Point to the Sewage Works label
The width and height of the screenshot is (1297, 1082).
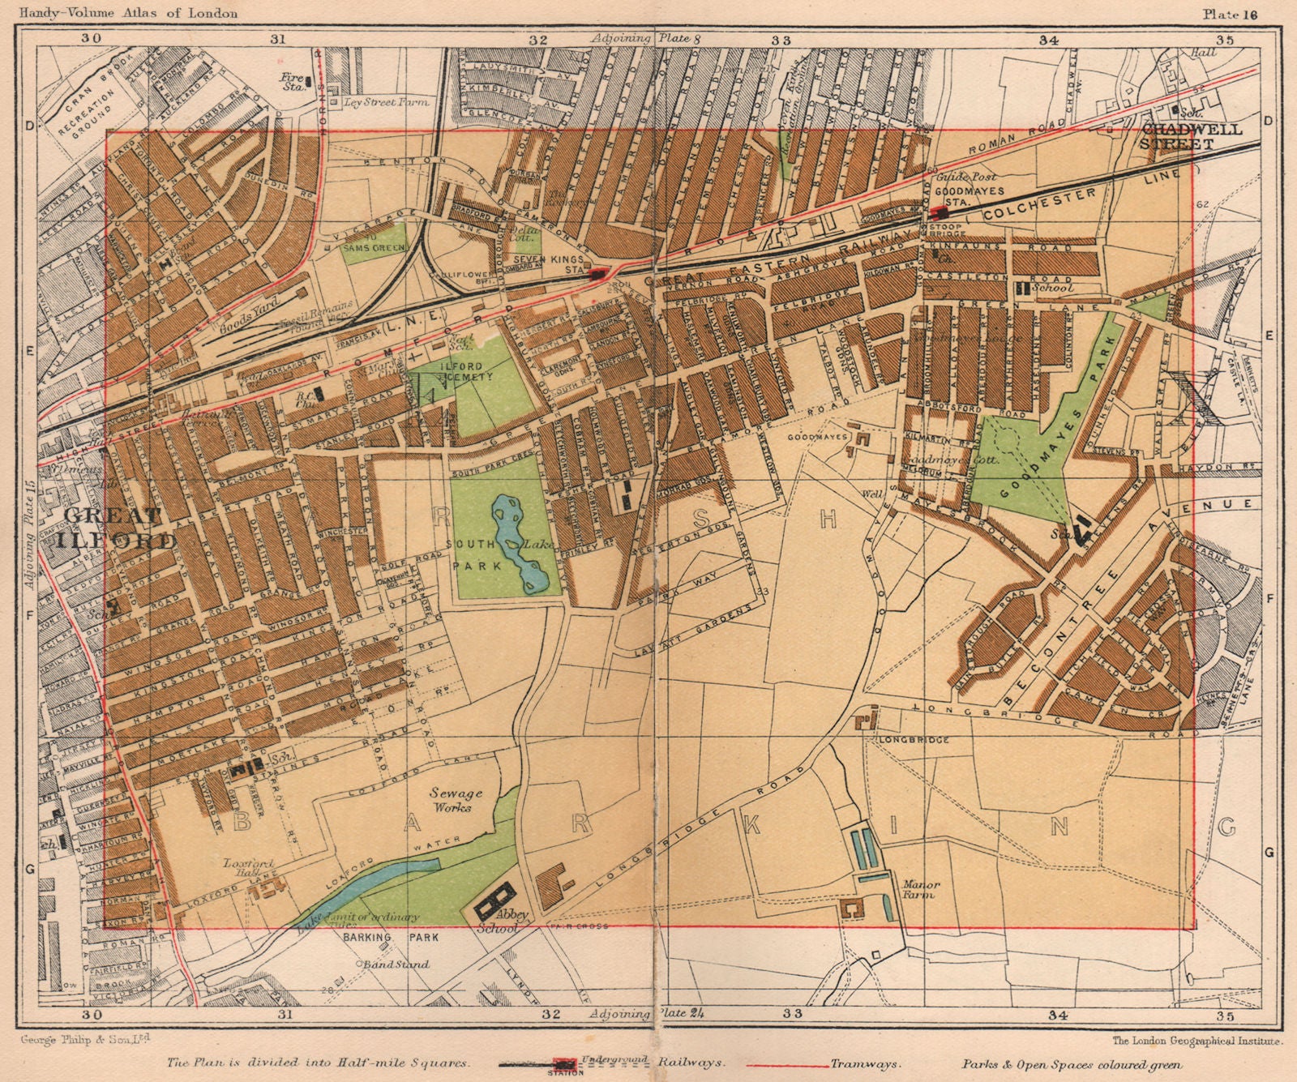tap(451, 801)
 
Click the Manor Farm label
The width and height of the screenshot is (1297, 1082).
tap(916, 889)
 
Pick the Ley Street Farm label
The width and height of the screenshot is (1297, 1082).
tap(385, 102)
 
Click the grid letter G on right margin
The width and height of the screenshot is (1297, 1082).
tap(1270, 852)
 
